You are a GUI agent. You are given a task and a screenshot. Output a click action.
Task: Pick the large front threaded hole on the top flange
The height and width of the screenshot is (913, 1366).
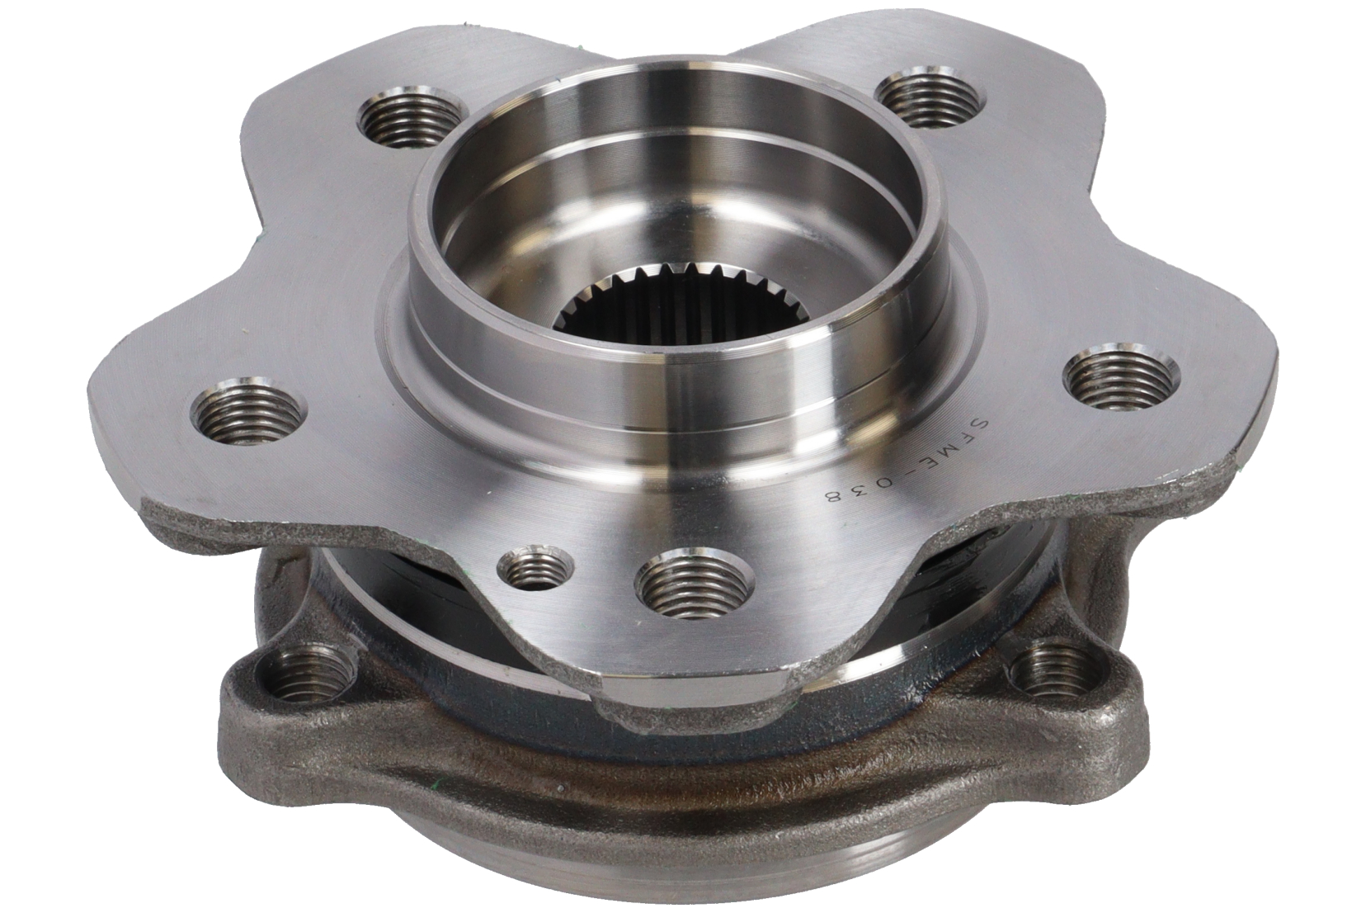(x=695, y=582)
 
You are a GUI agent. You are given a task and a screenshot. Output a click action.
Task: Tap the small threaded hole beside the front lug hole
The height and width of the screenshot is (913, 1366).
(x=535, y=566)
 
